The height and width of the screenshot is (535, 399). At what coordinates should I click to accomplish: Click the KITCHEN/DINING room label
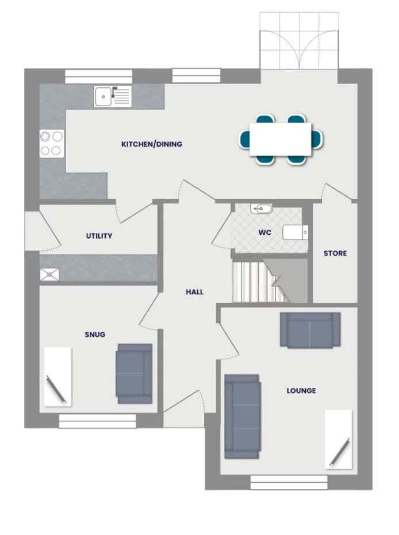[x=151, y=144]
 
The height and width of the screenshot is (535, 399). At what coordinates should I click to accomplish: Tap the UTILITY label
[x=99, y=236]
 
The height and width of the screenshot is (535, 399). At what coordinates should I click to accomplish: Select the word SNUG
[x=95, y=334]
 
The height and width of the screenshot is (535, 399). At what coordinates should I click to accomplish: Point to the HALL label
[x=194, y=292]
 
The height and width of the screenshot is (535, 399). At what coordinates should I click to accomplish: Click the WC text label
[x=265, y=233]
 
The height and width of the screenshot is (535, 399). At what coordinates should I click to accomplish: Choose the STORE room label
[x=335, y=253]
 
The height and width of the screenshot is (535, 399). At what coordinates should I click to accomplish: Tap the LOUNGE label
[x=301, y=391]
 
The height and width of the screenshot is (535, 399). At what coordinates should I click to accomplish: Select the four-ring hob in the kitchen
[x=51, y=144]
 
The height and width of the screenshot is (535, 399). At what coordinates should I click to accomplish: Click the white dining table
[x=280, y=139]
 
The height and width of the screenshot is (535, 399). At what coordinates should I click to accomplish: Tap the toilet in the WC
[x=296, y=232]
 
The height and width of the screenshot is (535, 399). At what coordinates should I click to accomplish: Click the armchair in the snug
[x=134, y=374]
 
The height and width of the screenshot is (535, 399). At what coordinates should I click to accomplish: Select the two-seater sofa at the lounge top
[x=310, y=330]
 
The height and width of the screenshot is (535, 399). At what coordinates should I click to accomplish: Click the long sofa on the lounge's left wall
[x=242, y=416]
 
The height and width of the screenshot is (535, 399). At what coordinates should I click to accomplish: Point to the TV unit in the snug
[x=57, y=376]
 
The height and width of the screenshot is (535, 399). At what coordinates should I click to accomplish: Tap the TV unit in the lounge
[x=338, y=438]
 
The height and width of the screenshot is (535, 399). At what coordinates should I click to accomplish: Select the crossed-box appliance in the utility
[x=49, y=275]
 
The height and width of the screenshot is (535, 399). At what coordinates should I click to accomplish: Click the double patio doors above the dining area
[x=298, y=41]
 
